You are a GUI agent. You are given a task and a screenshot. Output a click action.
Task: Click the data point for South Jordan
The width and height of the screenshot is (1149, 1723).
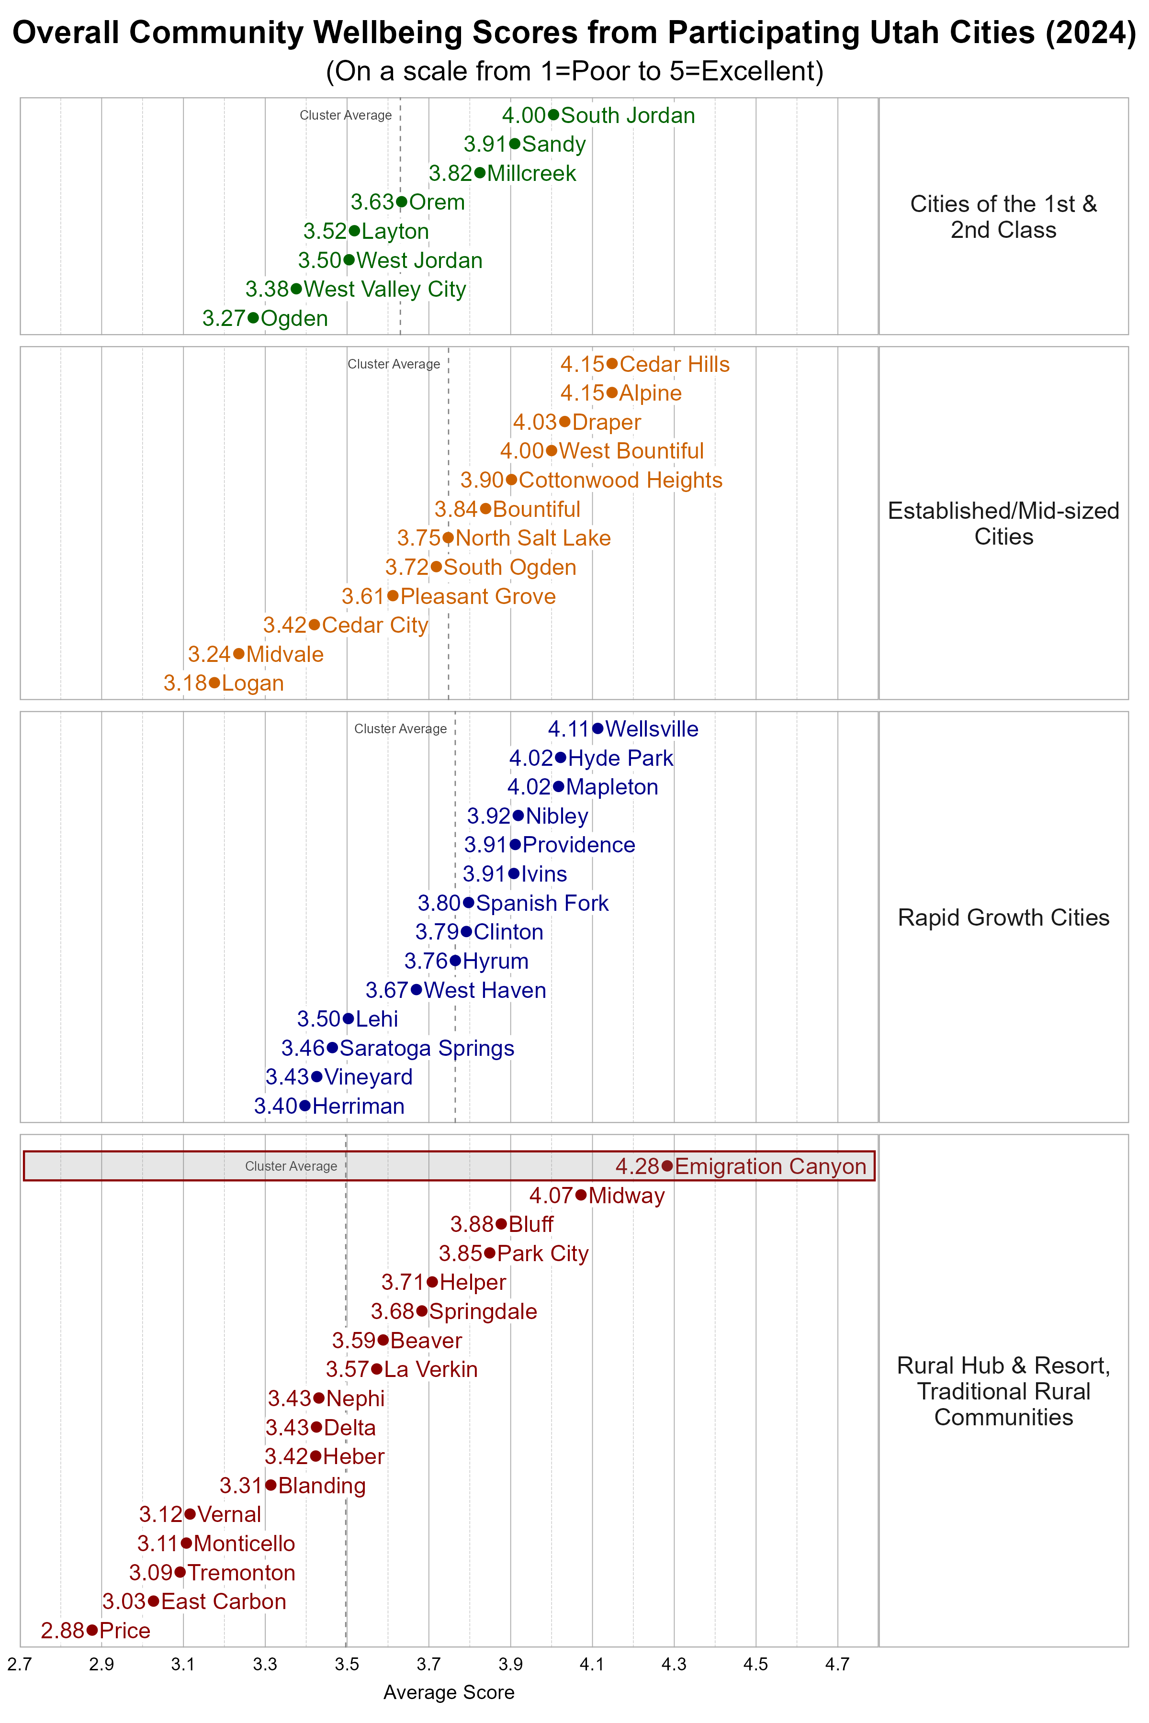click(x=553, y=115)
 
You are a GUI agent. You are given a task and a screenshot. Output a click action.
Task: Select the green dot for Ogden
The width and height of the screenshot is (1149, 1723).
click(x=253, y=318)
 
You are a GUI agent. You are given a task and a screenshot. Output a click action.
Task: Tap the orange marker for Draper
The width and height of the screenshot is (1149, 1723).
click(x=564, y=422)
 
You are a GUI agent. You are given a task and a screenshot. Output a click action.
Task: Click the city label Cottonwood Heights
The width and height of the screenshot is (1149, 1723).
click(x=620, y=480)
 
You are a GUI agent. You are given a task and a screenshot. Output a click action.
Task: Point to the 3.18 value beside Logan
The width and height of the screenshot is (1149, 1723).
click(x=185, y=683)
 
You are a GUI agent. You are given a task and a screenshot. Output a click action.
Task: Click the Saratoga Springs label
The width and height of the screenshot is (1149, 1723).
click(x=427, y=1048)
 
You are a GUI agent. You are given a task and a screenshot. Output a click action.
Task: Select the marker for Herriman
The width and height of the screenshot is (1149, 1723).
click(x=305, y=1106)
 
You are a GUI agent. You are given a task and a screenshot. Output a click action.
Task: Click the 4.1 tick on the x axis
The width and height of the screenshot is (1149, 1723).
click(x=592, y=1665)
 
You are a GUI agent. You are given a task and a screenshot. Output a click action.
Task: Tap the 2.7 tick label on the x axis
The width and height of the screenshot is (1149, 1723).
click(x=20, y=1665)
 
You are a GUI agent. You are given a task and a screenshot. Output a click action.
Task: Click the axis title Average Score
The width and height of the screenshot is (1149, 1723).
click(x=449, y=1692)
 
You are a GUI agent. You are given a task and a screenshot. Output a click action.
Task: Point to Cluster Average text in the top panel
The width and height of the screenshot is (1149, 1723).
click(x=345, y=115)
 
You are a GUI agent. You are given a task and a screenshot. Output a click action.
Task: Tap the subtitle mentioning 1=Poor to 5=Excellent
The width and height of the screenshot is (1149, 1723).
click(x=574, y=71)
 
